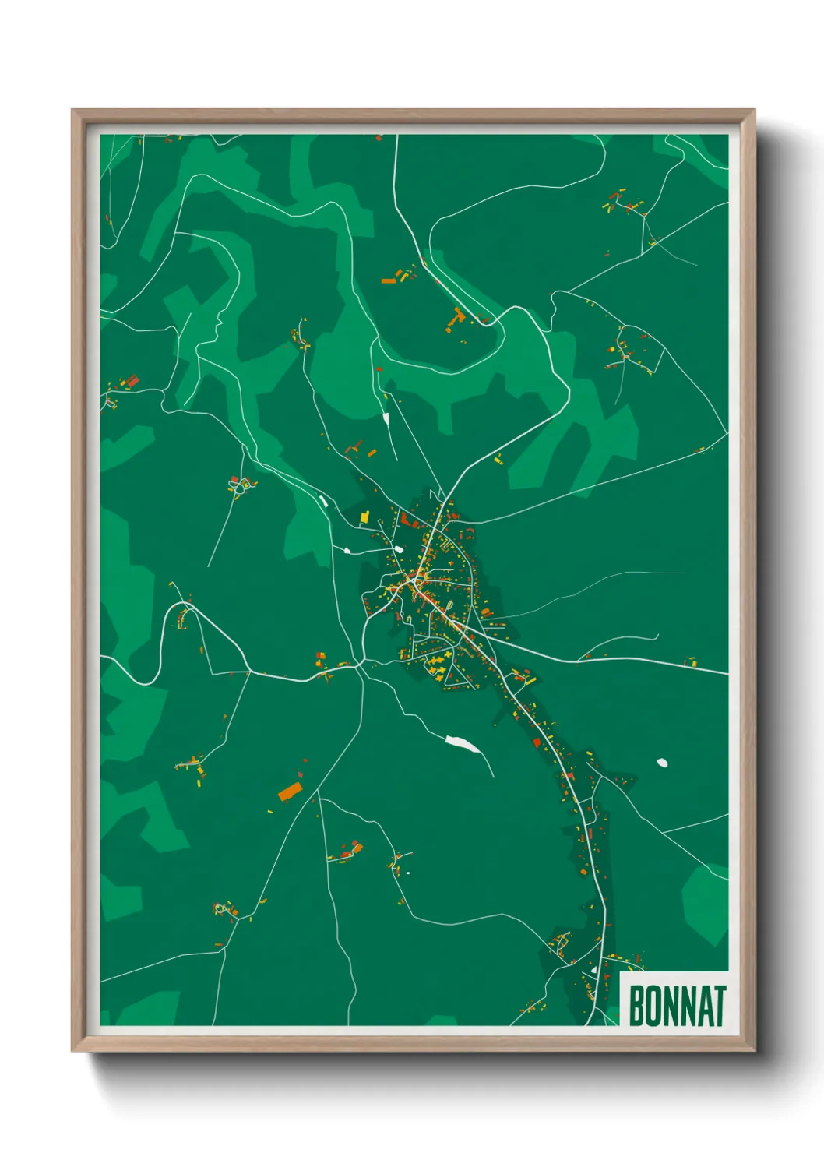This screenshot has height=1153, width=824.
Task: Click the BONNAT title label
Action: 676,1006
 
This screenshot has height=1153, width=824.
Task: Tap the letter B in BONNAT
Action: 636,1007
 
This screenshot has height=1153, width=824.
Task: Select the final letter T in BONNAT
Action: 720,1007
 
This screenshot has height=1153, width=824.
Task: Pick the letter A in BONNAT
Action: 704,1007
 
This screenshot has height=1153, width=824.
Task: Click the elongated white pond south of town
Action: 462,744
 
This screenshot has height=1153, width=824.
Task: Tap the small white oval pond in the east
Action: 662,763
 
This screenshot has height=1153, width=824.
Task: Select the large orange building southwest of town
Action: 290,792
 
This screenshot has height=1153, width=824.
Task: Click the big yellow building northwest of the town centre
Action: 364,517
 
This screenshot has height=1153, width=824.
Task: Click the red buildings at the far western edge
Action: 131,382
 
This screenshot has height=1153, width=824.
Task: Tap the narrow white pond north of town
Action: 386,418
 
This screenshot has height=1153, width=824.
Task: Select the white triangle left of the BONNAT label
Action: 594,971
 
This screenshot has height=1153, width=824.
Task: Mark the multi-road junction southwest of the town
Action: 359,666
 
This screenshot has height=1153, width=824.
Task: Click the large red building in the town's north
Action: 406,520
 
